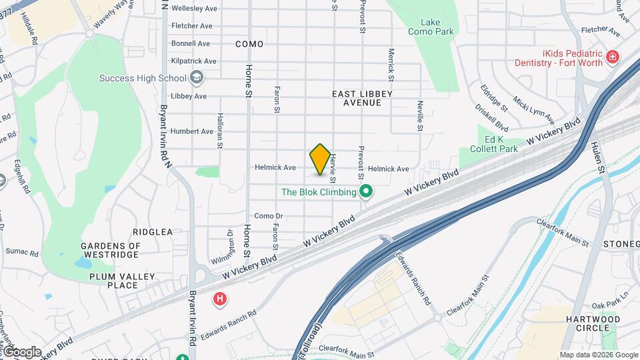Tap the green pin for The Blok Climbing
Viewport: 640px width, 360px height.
pos(365,193)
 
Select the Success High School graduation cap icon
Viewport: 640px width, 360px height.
pos(197,79)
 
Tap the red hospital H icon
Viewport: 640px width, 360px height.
pos(219,299)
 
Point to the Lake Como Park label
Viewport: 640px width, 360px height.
pos(431,27)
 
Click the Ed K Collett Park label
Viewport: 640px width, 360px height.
pos(493,144)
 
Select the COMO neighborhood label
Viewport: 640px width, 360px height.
pos(249,44)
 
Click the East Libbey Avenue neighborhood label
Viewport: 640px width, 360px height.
pos(357,99)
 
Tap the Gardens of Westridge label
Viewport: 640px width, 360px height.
pos(111,250)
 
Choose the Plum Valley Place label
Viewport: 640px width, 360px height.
pos(122,281)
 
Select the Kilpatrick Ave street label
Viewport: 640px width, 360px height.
pos(193,61)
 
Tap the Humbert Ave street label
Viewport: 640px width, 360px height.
pos(191,131)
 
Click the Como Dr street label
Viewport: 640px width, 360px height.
pos(269,216)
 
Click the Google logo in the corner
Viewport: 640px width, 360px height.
pos(21,352)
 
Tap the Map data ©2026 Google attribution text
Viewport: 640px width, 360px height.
pos(599,355)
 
